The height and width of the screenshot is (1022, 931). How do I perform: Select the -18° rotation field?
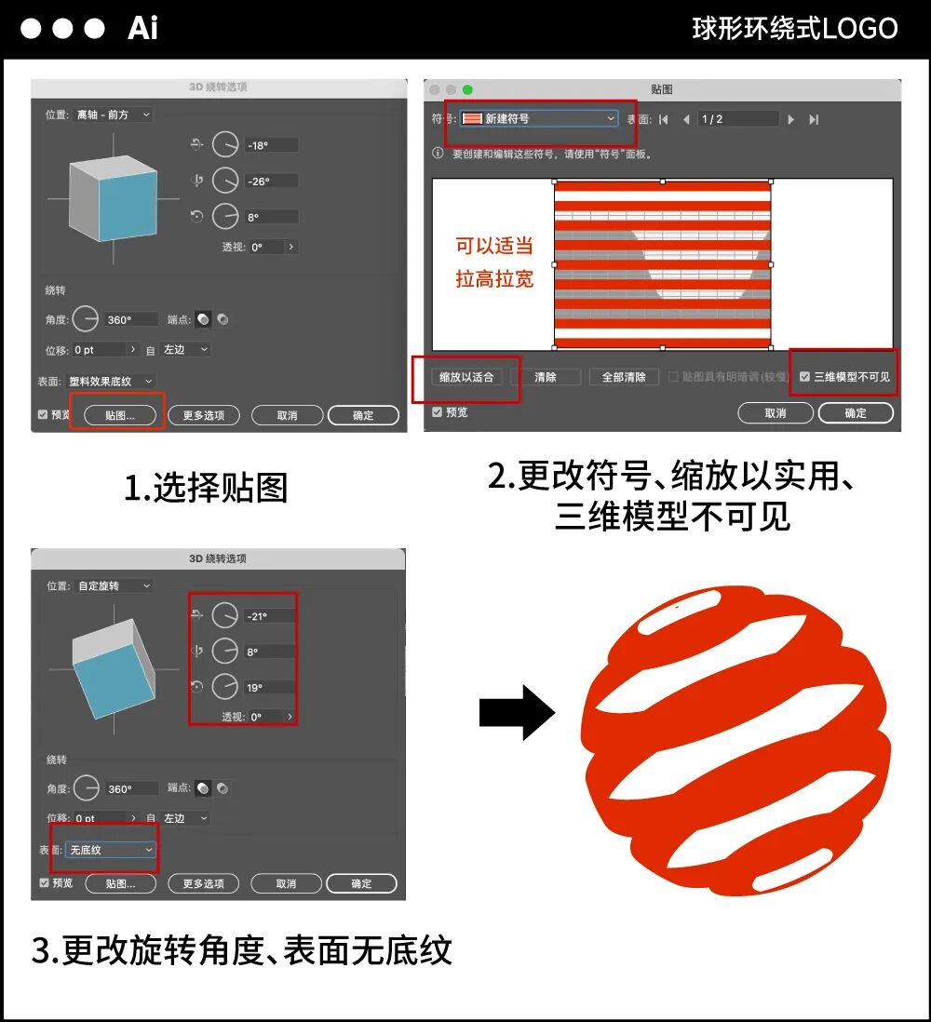tap(271, 145)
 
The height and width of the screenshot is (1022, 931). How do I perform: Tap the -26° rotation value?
tap(271, 181)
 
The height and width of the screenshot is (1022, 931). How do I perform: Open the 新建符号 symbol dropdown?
tap(539, 119)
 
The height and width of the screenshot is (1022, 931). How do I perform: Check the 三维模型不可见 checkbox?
tap(805, 377)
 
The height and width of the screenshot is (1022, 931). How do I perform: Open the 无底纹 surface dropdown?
tap(111, 850)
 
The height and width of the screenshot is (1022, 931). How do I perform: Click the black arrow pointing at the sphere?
tap(517, 713)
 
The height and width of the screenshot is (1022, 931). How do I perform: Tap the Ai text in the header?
tap(142, 28)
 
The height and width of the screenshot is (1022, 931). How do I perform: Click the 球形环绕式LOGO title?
tap(794, 28)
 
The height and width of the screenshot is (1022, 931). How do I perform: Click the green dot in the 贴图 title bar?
tap(467, 89)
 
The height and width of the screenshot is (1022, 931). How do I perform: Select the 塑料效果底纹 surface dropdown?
tap(111, 382)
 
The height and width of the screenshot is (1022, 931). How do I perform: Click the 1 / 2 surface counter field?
tap(737, 119)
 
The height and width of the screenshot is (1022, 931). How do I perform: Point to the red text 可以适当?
tap(494, 247)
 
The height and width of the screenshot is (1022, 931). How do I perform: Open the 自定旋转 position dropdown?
tap(114, 586)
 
